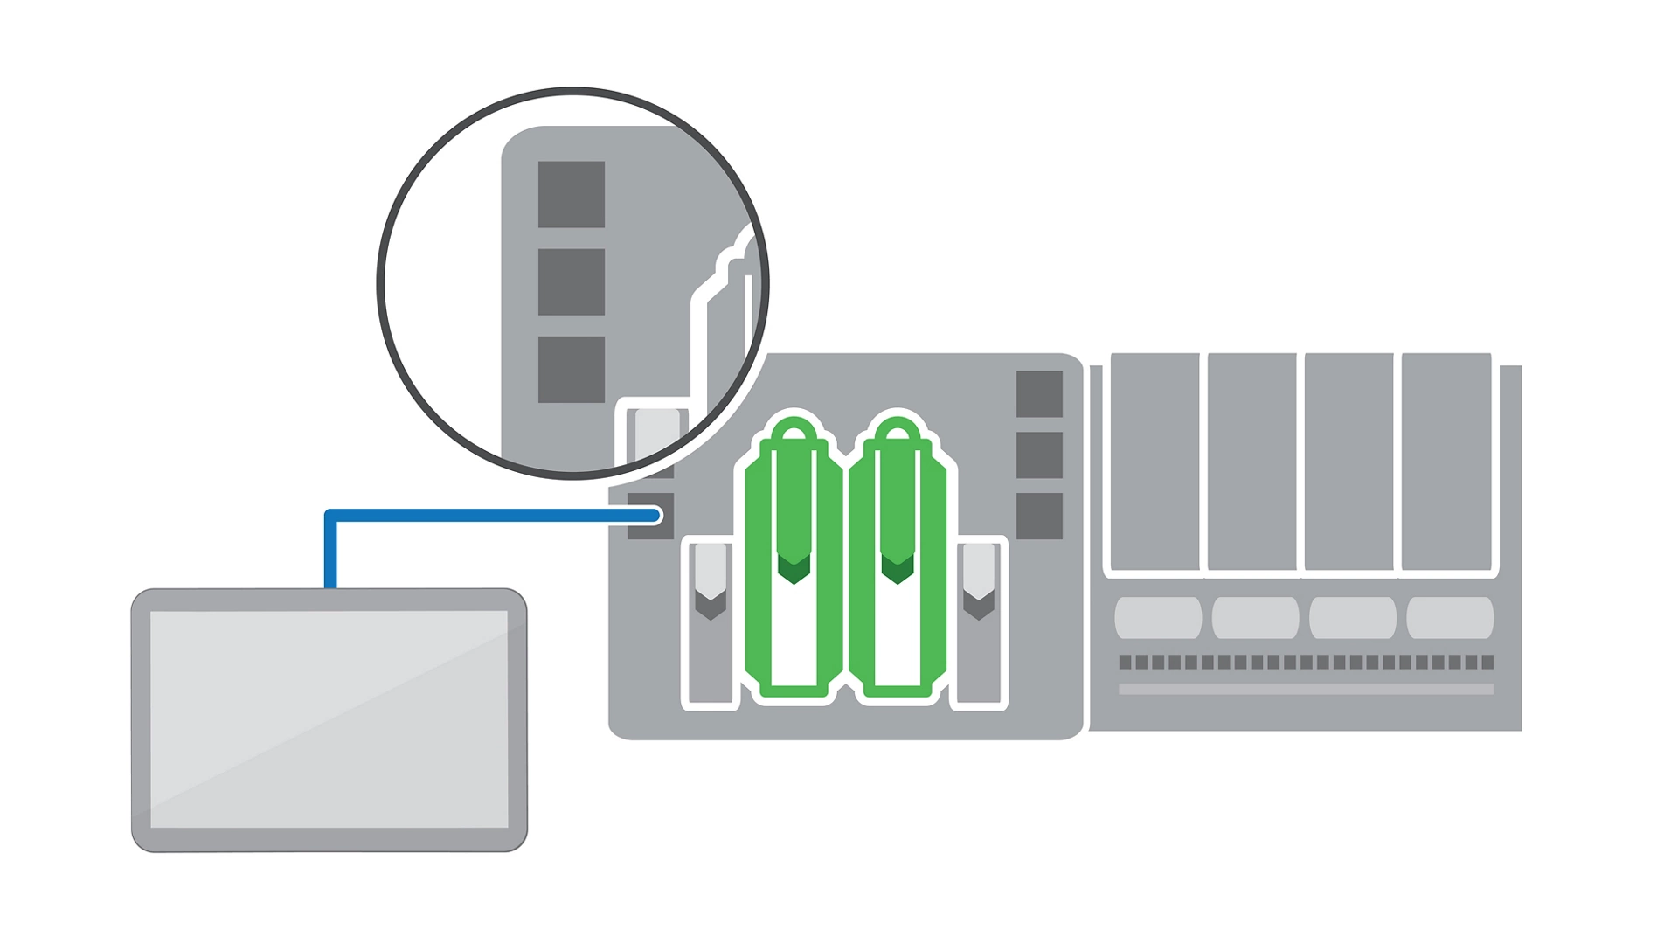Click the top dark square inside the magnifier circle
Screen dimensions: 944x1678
pos(571,194)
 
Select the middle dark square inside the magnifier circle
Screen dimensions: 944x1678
pos(571,281)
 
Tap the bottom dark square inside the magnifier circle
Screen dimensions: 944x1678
pos(571,369)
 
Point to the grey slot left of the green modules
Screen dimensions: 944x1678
pos(711,647)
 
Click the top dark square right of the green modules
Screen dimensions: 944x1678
pos(1039,393)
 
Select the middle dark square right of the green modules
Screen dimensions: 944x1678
pos(1039,455)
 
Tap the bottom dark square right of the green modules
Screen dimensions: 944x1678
pos(1039,516)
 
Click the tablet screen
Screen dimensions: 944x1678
pos(329,718)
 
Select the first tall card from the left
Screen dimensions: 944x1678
pos(1154,461)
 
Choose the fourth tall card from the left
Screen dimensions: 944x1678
pos(1446,461)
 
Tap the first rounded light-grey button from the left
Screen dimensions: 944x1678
pos(1158,617)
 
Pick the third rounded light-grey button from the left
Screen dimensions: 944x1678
pos(1352,617)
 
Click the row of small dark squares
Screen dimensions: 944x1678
pos(1306,662)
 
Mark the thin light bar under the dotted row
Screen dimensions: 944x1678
pos(1306,689)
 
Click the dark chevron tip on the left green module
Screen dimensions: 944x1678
pos(794,570)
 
